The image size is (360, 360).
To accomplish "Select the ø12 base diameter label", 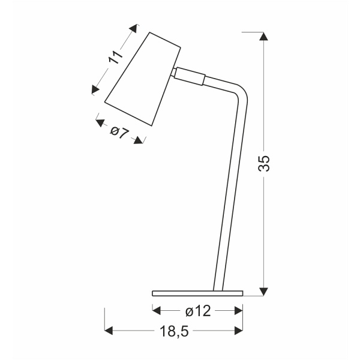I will [197, 310].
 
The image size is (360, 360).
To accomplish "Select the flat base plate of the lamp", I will [197, 293].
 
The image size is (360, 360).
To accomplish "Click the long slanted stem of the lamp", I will [230, 192].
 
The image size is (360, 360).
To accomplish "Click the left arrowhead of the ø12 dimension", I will [157, 310].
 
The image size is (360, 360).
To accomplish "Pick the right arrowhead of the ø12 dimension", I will [239, 310].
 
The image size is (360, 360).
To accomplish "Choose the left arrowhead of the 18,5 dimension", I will [109, 330].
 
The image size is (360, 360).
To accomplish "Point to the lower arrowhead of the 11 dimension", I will [95, 90].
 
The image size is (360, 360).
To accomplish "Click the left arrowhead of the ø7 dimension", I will [99, 122].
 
